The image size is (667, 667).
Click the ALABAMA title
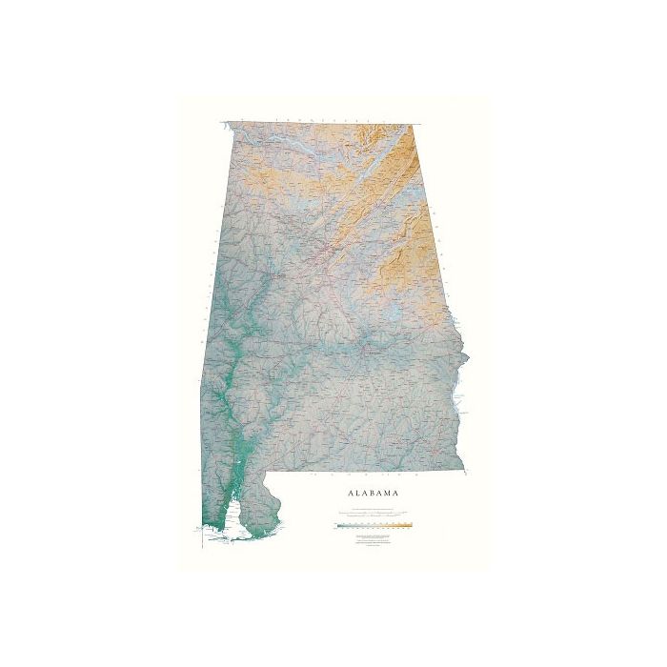(x=373, y=493)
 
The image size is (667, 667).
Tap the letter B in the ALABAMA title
(x=374, y=493)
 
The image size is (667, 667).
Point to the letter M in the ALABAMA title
(x=391, y=493)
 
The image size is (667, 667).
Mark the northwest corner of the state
(x=225, y=123)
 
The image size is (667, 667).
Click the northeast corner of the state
(x=414, y=124)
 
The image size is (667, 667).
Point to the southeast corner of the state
(x=465, y=469)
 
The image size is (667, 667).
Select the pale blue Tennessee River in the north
(x=286, y=143)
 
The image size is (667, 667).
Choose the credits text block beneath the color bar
(x=373, y=542)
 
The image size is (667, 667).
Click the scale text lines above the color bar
(x=373, y=515)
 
